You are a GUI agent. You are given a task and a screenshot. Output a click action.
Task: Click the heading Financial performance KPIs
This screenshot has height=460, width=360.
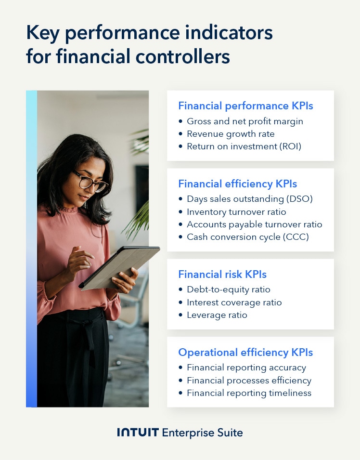[x=245, y=105]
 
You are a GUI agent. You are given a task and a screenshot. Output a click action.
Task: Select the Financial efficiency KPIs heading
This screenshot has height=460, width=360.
[x=237, y=184]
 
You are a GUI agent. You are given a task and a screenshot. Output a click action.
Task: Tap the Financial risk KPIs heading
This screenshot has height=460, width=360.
[x=222, y=274]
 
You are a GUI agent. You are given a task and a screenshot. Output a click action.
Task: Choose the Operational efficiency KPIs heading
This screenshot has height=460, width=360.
[x=245, y=352]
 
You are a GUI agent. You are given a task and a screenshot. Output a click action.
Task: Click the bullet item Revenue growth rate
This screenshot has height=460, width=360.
[x=231, y=134]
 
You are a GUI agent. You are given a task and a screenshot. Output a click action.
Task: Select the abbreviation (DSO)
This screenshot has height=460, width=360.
[x=298, y=199]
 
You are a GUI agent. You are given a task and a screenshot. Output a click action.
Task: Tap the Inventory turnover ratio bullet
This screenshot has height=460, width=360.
[x=236, y=212]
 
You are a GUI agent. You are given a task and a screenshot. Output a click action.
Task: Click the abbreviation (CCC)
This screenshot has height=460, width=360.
[x=296, y=237]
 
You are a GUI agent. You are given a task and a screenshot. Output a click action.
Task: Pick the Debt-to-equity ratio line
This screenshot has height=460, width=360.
[x=229, y=289]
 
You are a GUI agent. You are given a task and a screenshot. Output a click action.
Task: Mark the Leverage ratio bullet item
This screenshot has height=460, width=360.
[x=217, y=315]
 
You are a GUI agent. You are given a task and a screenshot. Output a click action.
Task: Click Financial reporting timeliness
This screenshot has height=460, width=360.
[x=249, y=393]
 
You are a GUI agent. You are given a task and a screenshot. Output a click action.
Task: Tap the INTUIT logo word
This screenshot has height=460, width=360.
[x=138, y=433]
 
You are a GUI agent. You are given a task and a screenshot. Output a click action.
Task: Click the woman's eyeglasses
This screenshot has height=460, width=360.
[x=90, y=182]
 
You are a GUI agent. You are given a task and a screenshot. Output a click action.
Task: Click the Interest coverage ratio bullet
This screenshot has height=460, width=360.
[x=234, y=302]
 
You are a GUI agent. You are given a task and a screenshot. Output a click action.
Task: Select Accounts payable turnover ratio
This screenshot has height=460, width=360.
[x=255, y=224]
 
